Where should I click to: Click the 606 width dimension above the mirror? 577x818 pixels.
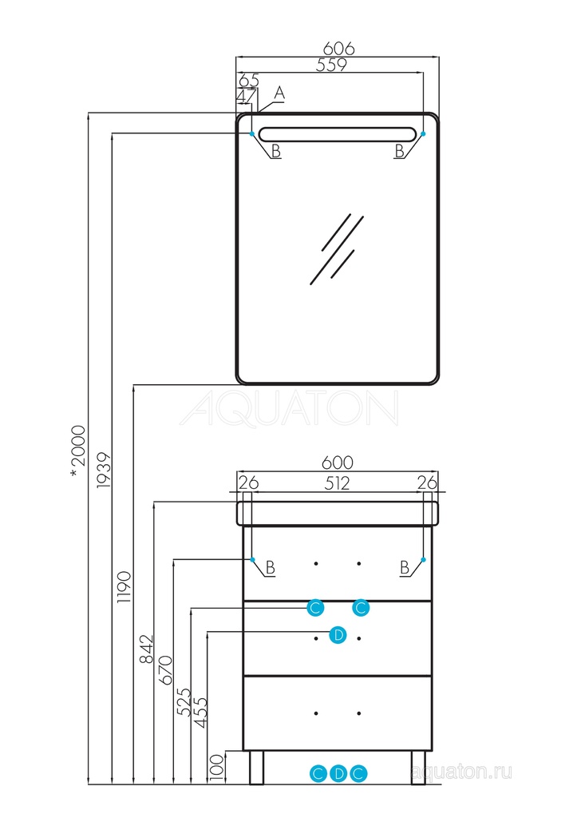(338, 48)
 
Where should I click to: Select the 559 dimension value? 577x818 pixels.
(330, 66)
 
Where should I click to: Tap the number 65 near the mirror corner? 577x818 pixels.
(248, 80)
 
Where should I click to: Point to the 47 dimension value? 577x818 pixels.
(247, 97)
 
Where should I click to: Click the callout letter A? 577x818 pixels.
(279, 93)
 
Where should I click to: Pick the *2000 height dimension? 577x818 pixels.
(77, 448)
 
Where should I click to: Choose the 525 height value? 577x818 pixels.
(184, 704)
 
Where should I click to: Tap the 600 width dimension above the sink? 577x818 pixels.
(337, 463)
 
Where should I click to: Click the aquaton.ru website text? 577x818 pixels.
(460, 772)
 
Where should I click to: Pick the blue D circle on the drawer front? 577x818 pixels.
(338, 636)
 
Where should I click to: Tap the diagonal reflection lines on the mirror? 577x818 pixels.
(336, 248)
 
